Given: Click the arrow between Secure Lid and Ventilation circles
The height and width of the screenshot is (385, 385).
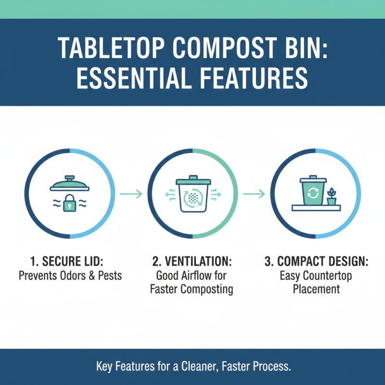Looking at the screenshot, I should point(131,194).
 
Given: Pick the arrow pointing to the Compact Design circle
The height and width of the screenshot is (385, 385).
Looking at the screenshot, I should point(254,194).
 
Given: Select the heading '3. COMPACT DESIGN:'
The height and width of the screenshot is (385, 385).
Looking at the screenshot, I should point(316,262).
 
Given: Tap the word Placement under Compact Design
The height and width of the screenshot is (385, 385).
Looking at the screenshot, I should point(316,289).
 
